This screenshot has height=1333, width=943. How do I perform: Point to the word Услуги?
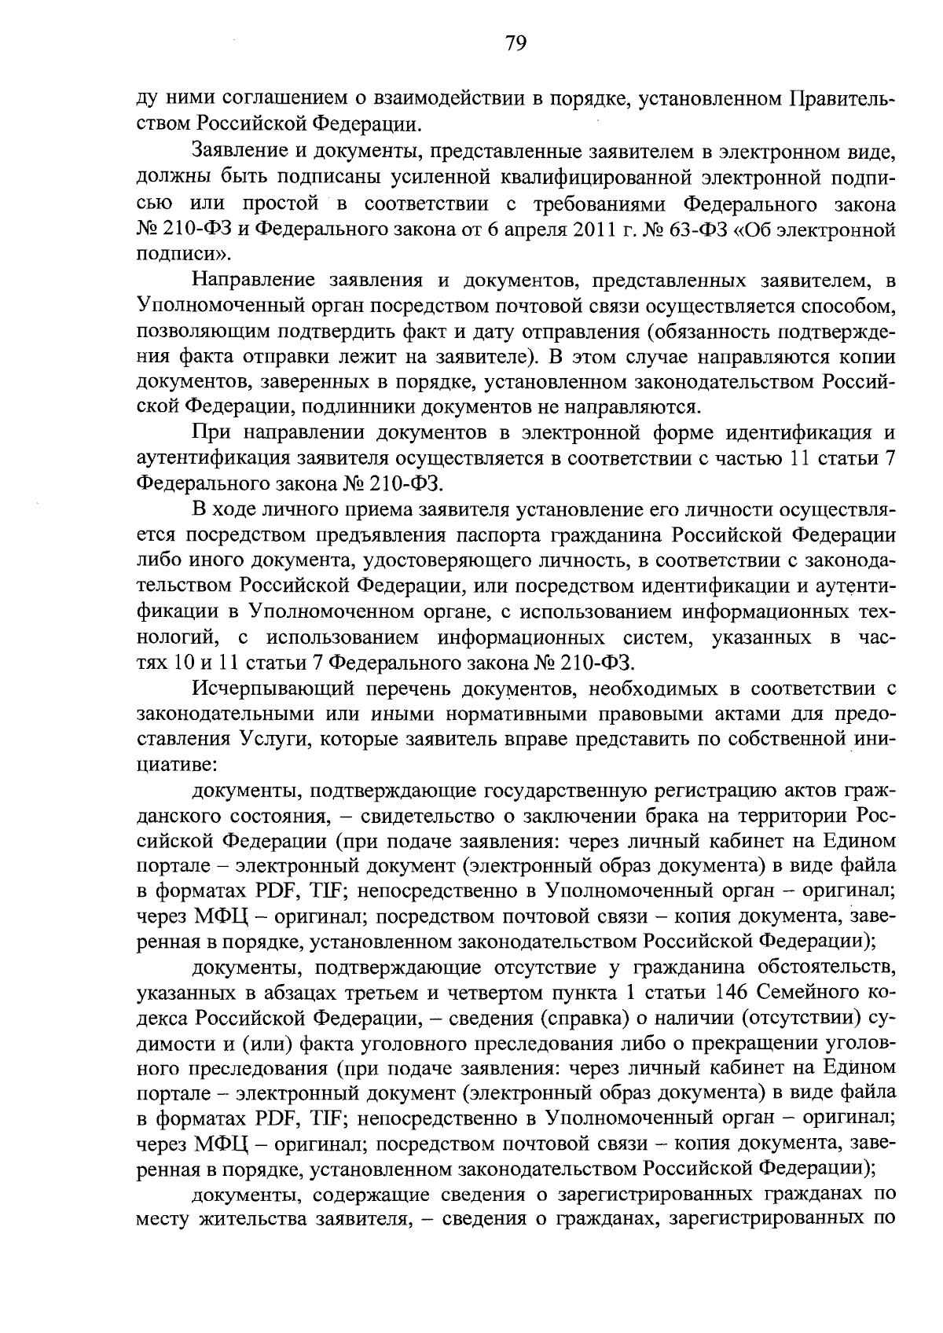(281, 740)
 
